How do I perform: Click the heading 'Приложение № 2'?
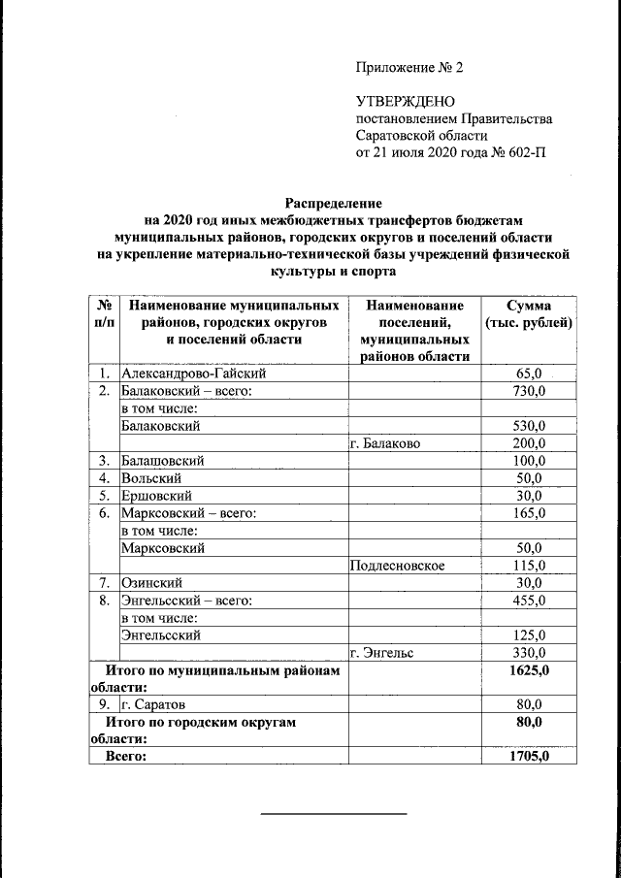[410, 68]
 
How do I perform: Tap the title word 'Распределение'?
[333, 204]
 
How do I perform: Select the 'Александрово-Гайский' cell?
[192, 373]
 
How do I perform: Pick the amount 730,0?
[529, 390]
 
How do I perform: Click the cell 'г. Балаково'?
[385, 442]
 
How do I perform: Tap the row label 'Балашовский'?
[162, 460]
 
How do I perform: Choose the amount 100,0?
[529, 460]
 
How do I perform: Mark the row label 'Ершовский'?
[154, 495]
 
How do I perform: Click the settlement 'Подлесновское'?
[398, 565]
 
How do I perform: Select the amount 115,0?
[529, 565]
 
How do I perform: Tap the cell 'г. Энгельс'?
[382, 653]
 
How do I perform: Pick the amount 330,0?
[529, 653]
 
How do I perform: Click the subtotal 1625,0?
[530, 670]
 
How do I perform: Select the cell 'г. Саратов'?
[153, 704]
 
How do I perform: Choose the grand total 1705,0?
[530, 757]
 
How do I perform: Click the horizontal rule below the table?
[333, 813]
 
